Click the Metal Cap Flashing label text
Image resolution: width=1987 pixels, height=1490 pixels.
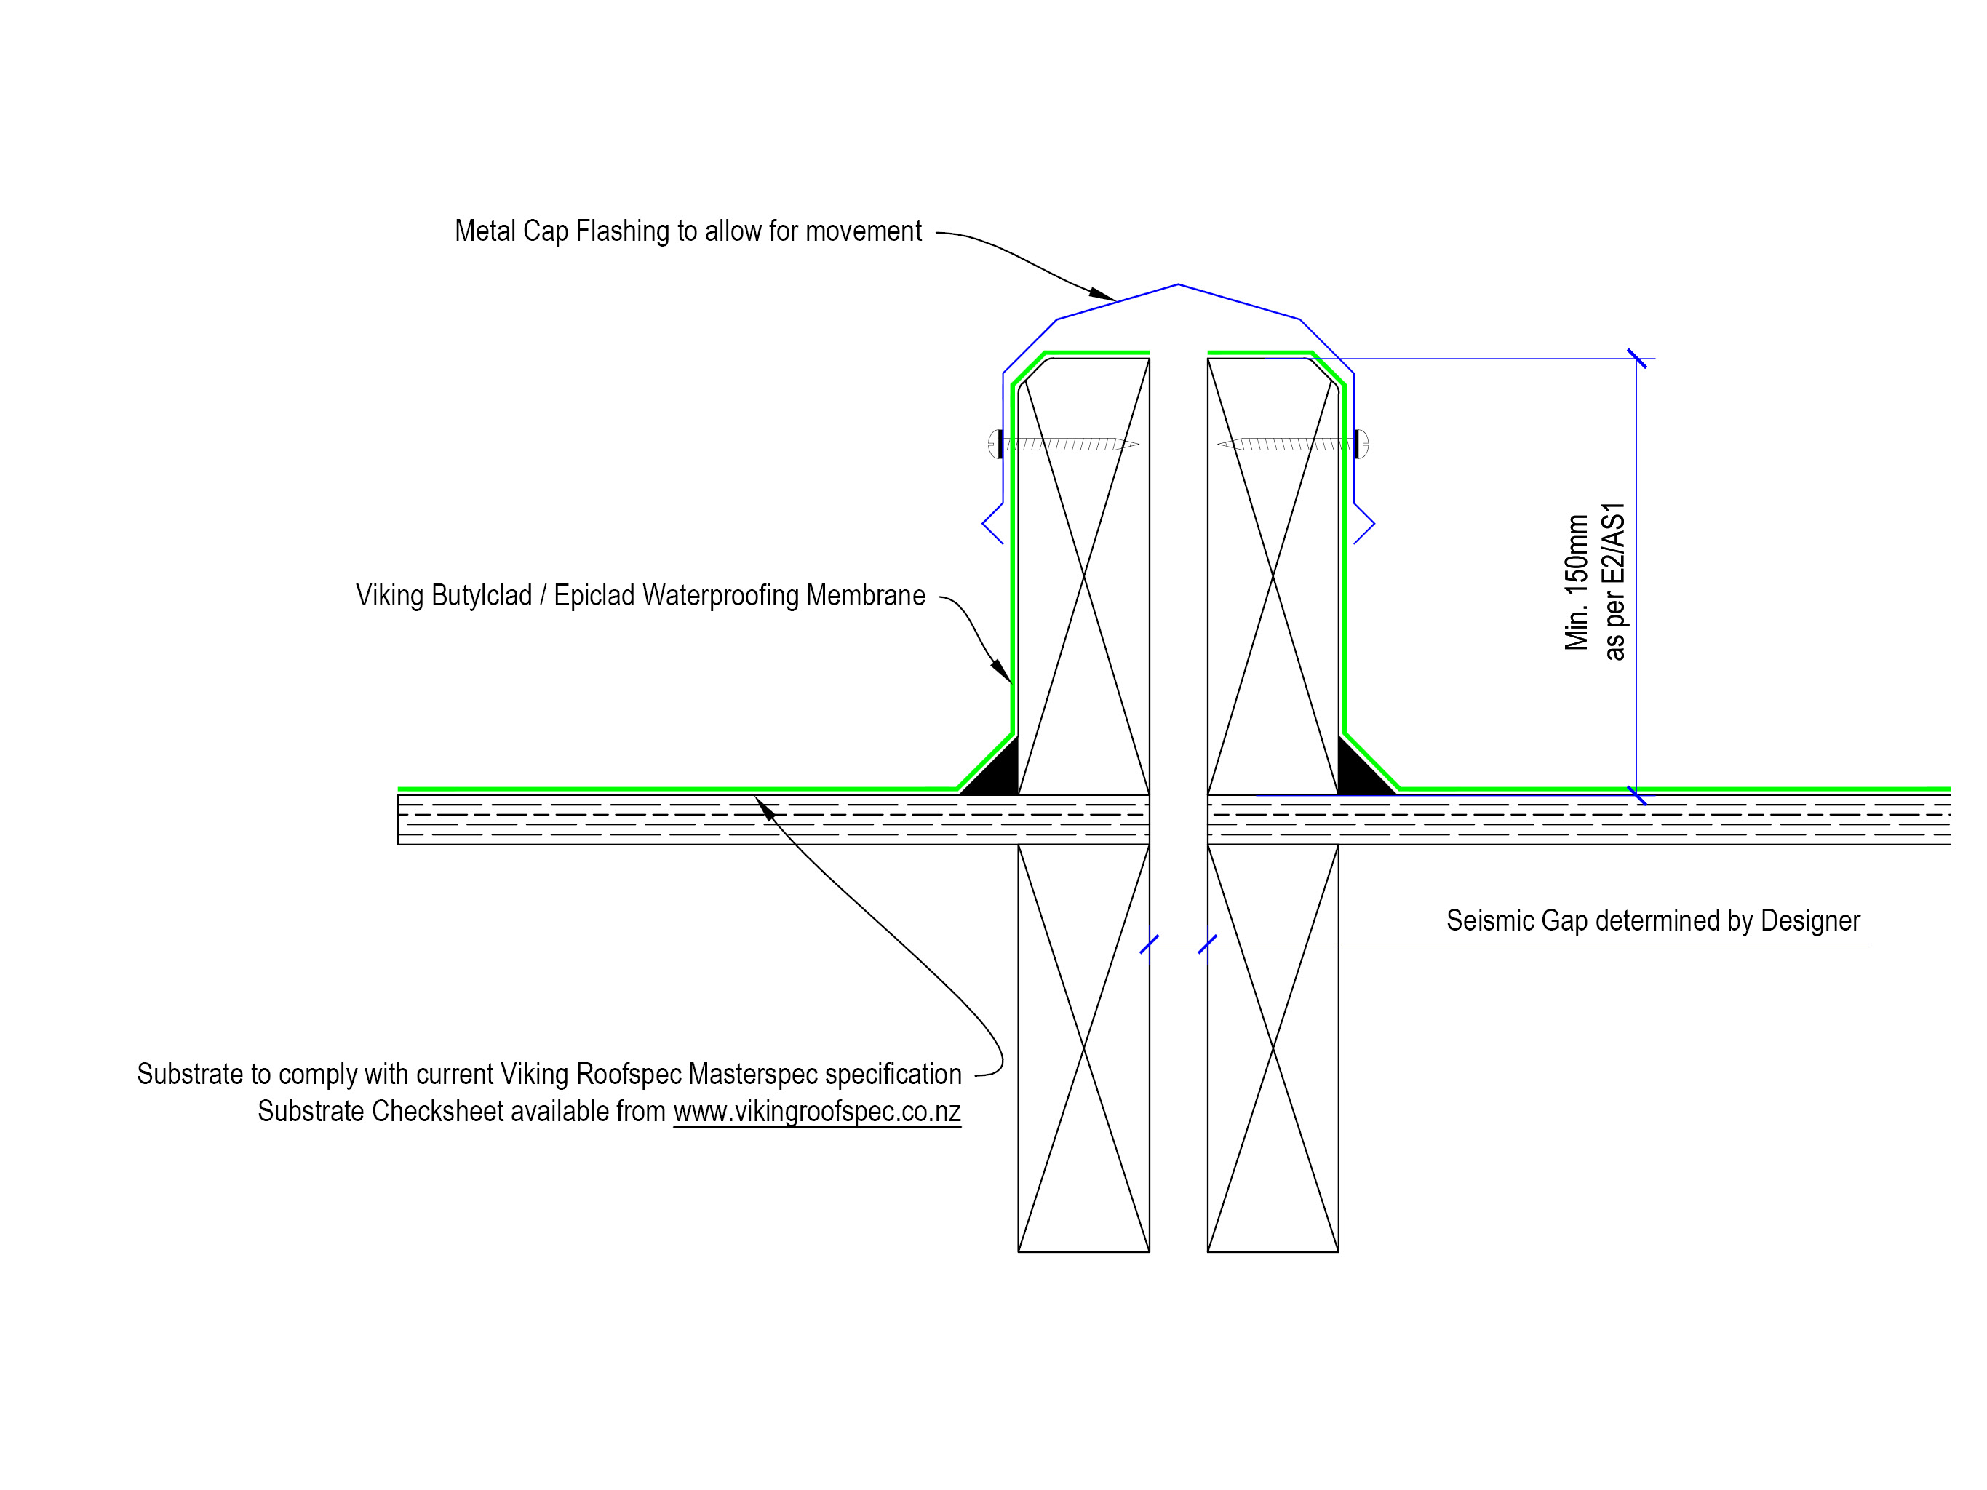tap(687, 231)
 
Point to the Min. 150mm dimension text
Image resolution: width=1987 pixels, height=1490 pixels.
tap(1577, 582)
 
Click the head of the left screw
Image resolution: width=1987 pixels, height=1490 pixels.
tap(995, 444)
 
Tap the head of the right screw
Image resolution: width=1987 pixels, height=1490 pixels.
tap(1362, 444)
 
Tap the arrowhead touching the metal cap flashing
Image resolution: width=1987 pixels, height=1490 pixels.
tap(1103, 294)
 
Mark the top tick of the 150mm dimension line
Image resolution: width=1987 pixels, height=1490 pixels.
tap(1636, 359)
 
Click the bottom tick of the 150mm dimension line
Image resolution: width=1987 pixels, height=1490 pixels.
tap(1636, 795)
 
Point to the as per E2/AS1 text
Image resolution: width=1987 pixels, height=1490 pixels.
tap(1615, 582)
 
